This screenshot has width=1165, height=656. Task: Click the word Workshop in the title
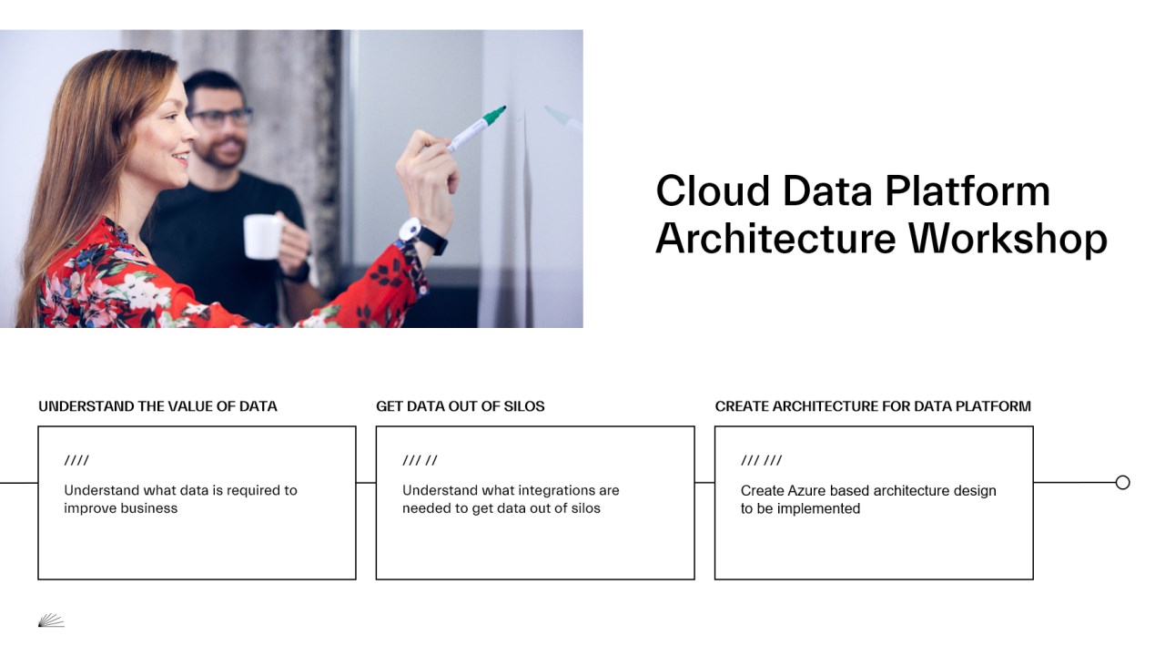(x=1008, y=238)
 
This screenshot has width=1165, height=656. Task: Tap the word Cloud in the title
(x=701, y=191)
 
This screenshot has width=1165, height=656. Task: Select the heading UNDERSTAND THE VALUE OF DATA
(x=157, y=406)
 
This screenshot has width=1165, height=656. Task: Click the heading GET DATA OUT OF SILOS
(x=461, y=406)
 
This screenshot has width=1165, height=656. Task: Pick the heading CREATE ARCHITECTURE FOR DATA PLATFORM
(x=873, y=406)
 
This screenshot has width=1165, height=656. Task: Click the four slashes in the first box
(x=76, y=461)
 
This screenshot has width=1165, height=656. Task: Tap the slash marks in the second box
(x=420, y=461)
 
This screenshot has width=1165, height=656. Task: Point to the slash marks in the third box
(x=761, y=461)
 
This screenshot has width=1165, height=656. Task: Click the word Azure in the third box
(x=804, y=490)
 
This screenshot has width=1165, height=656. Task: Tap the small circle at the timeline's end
(x=1122, y=483)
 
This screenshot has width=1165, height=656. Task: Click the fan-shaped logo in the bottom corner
(x=51, y=620)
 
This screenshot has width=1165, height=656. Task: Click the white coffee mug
(x=262, y=236)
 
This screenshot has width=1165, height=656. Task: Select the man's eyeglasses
(x=221, y=117)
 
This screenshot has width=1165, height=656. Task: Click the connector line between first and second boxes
(x=366, y=483)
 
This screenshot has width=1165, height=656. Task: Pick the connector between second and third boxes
(x=704, y=483)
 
